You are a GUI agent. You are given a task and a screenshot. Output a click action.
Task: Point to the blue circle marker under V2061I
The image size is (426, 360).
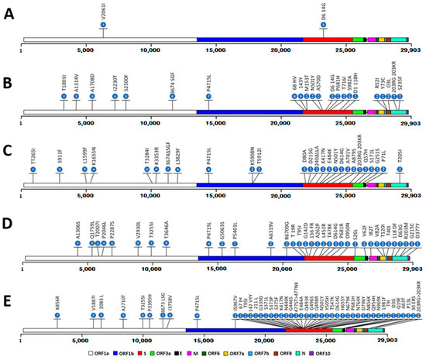(x=103, y=26)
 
